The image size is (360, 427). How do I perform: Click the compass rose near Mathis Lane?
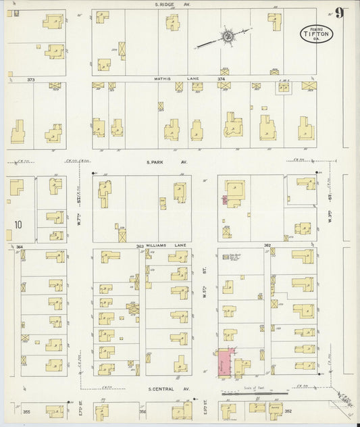[x=228, y=36]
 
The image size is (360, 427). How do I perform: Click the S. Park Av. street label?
[x=160, y=162]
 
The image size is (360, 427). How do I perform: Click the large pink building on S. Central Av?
[x=224, y=363]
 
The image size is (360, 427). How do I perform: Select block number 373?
[x=30, y=80]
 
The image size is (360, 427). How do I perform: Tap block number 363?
[x=140, y=247]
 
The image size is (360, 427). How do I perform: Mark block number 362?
[x=267, y=245]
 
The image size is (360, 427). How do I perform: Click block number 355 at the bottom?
[x=27, y=411]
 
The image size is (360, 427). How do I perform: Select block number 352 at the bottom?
[x=288, y=411]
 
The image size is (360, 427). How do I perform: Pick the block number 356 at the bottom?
[x=143, y=411]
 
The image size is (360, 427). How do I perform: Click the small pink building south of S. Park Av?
[x=224, y=200]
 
